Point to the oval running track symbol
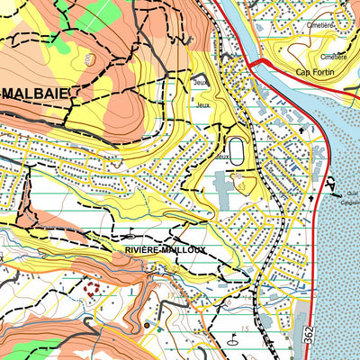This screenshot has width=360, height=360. point(237,150)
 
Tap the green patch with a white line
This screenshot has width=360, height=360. point(90,14)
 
